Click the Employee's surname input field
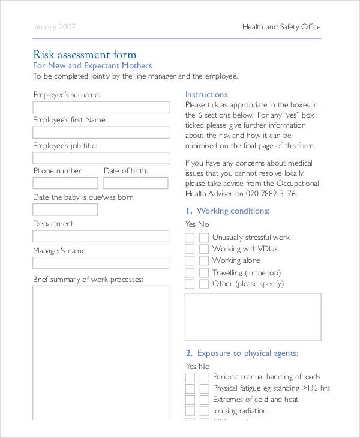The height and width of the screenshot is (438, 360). click(x=101, y=107)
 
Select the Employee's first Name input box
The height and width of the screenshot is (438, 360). click(x=101, y=133)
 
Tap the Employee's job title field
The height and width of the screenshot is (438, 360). click(x=101, y=158)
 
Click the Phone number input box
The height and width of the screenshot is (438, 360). click(x=65, y=184)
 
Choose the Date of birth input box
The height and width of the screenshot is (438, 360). click(x=136, y=184)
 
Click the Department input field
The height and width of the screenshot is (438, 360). click(x=101, y=236)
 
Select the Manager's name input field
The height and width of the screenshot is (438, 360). click(x=101, y=263)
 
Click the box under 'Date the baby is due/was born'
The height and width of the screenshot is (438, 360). click(x=65, y=209)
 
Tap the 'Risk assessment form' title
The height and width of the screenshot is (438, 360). click(x=85, y=55)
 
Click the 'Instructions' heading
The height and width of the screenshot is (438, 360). click(x=206, y=94)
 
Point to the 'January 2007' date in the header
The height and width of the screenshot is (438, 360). click(x=55, y=27)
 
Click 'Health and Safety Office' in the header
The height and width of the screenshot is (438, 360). click(x=281, y=27)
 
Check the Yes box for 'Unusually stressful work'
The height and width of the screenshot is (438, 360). click(x=190, y=238)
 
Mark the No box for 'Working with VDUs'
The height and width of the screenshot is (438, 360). click(x=204, y=249)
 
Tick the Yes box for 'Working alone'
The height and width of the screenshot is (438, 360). click(x=190, y=260)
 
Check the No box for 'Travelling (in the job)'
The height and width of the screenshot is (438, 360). click(x=204, y=272)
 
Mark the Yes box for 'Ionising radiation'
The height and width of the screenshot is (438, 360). click(x=190, y=412)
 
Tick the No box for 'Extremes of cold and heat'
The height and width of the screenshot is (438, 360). click(x=204, y=400)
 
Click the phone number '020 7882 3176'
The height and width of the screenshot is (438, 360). click(x=271, y=194)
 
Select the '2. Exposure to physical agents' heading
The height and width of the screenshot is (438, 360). click(x=242, y=353)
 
